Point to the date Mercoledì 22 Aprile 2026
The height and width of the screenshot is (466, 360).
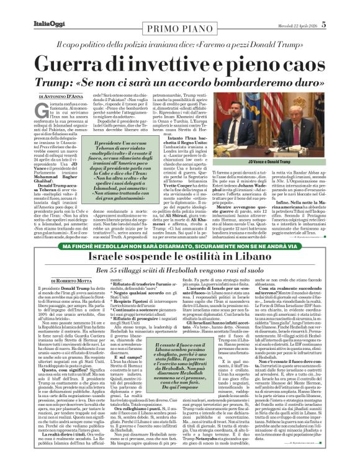coord(316,7)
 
